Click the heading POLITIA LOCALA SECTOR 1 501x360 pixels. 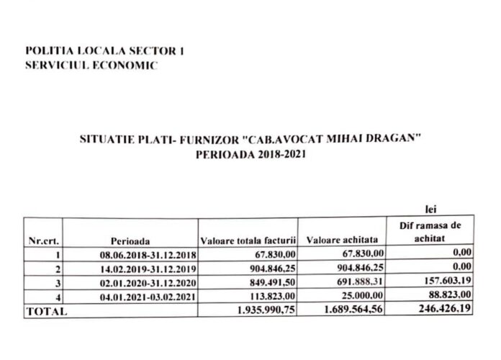pos(104,51)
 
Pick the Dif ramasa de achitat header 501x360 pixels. pos(431,230)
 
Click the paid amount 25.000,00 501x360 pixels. pos(362,297)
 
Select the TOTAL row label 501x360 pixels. pos(46,312)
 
